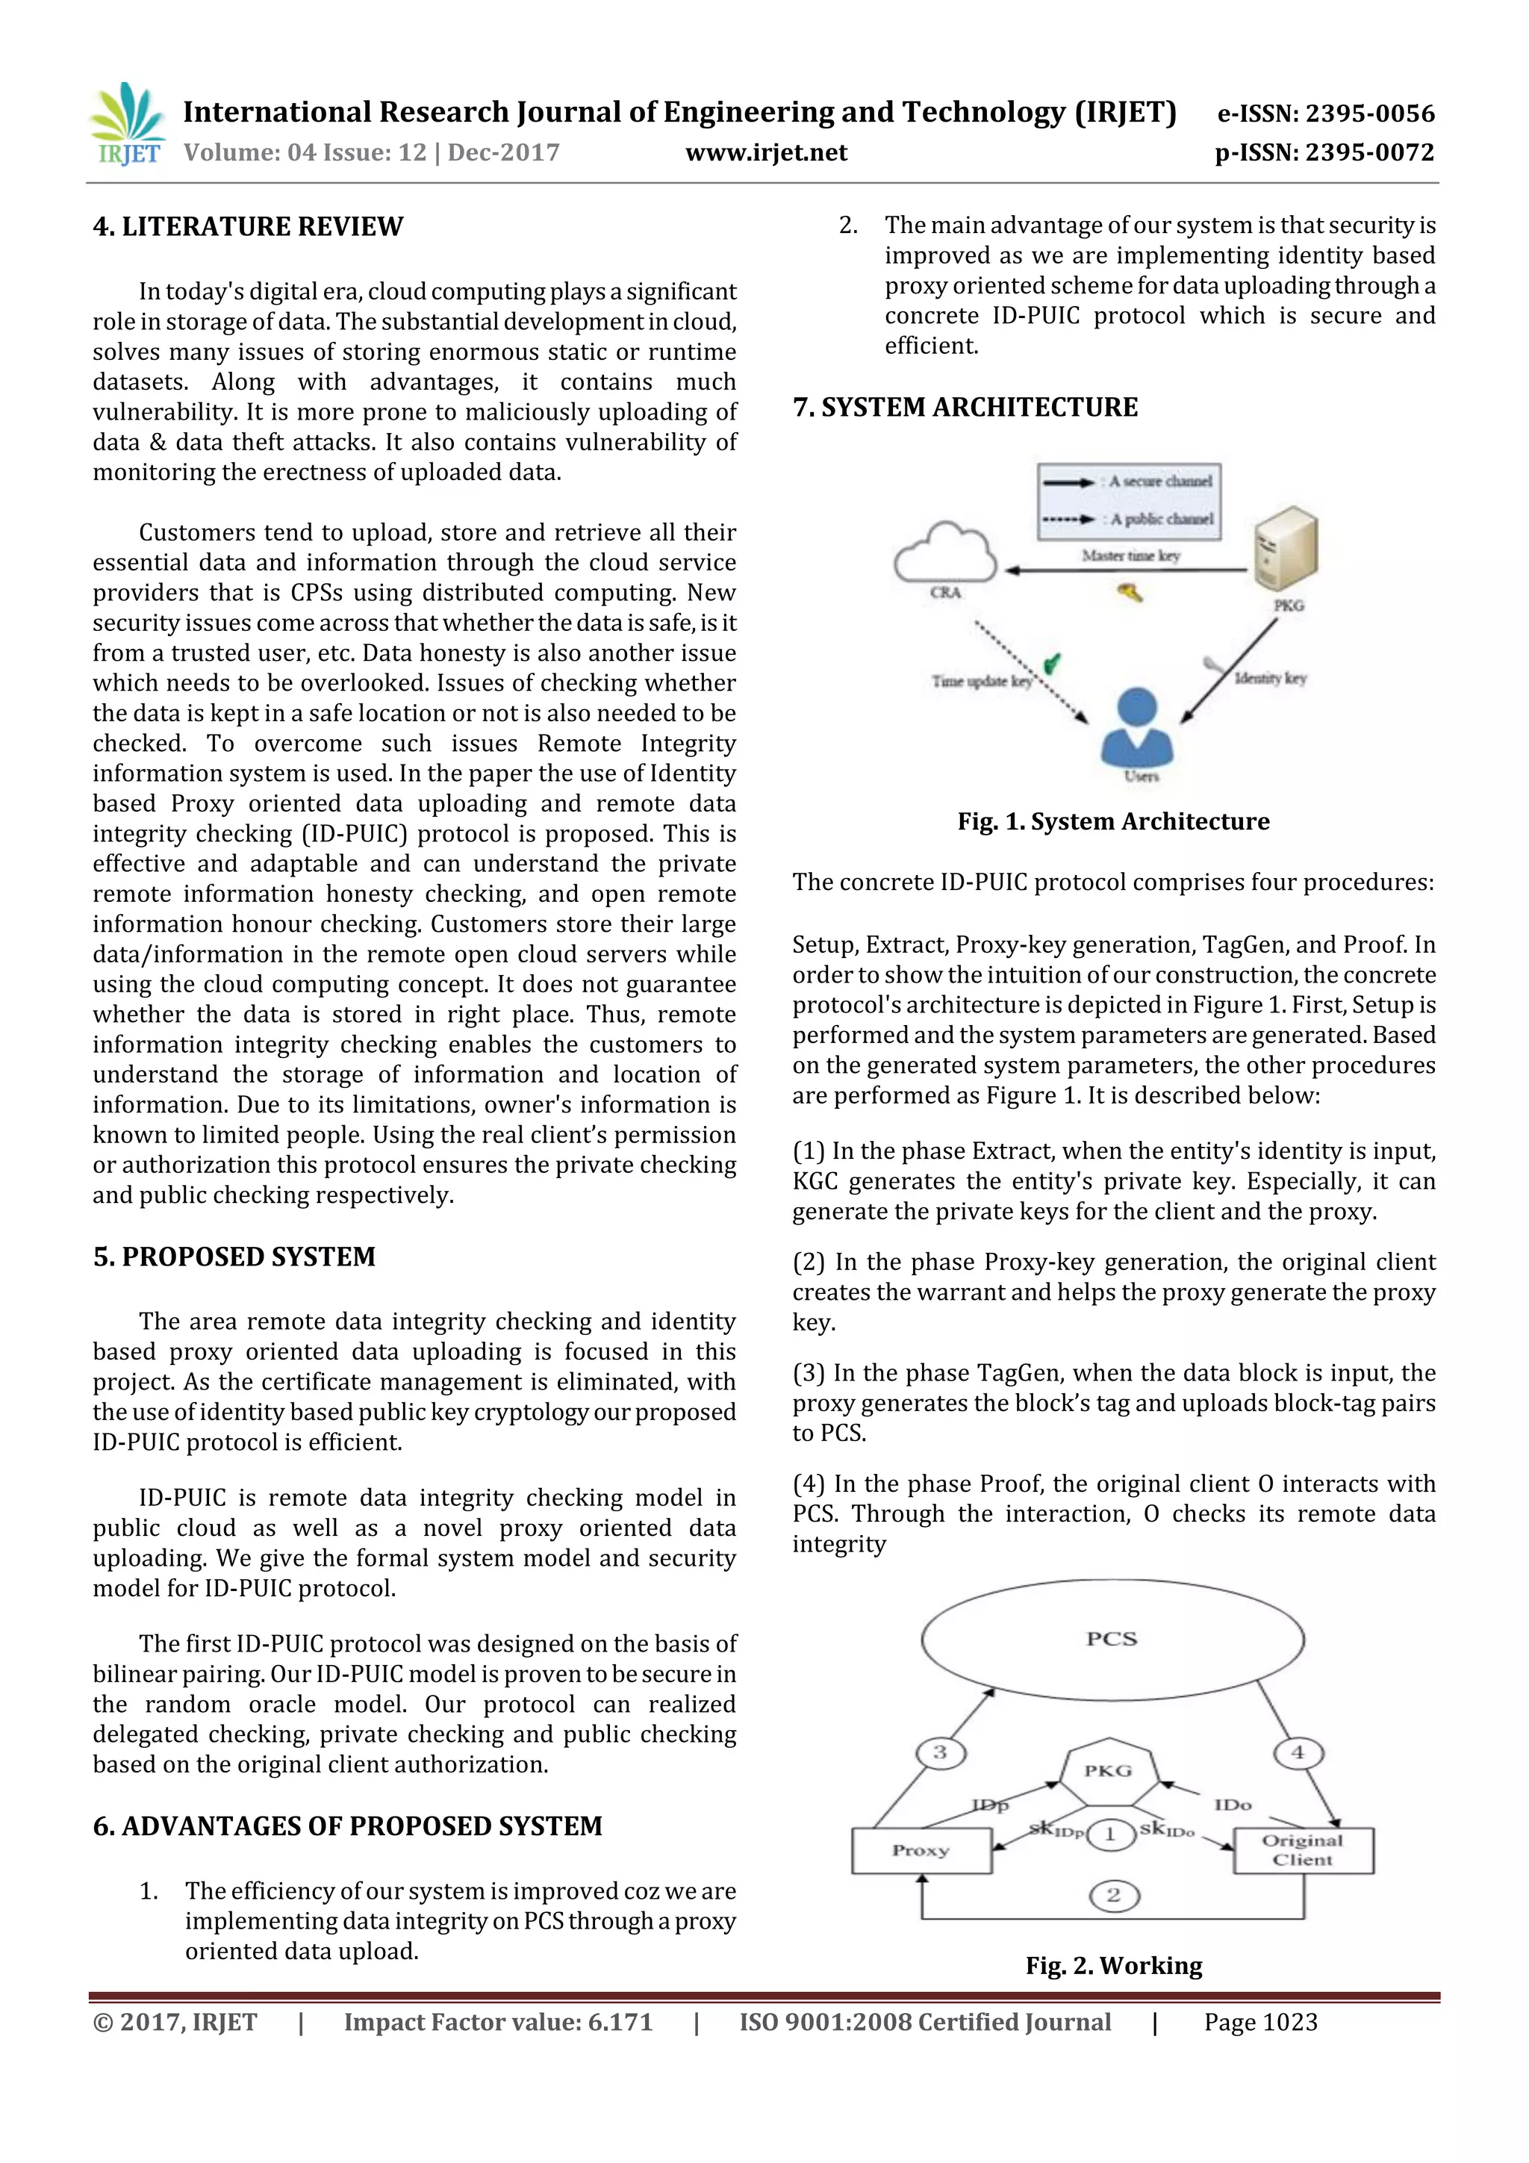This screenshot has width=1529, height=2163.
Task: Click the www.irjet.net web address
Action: coord(766,152)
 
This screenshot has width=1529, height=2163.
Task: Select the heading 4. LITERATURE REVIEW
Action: coord(248,226)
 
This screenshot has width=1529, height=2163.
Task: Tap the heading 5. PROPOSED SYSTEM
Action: coord(234,1257)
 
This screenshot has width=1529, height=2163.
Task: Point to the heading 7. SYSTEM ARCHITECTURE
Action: coord(965,407)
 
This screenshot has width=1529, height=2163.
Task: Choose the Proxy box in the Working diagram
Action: coord(921,1850)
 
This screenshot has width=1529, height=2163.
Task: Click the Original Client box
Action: coord(1303,1850)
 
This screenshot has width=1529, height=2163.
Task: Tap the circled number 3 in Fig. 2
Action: coord(940,1753)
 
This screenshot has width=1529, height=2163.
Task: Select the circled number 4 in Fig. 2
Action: coord(1298,1753)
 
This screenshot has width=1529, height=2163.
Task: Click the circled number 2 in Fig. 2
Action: coord(1114,1896)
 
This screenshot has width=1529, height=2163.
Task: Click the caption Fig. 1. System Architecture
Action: coord(1114,821)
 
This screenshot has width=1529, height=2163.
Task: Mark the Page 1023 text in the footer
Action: coord(1260,2023)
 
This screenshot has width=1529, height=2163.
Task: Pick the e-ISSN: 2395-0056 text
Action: coord(1325,114)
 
